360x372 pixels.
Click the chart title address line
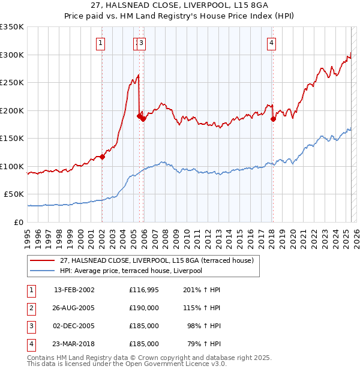(180, 5)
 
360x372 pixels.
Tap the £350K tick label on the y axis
(12, 27)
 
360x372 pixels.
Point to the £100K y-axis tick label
(12, 166)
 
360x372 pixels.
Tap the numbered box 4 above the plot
(272, 43)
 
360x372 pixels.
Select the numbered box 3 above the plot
(141, 43)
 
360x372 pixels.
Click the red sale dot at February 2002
(102, 157)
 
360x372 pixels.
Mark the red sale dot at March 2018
(273, 119)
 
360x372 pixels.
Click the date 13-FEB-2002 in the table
(74, 290)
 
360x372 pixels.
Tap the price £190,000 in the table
(143, 308)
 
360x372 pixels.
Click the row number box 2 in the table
(31, 308)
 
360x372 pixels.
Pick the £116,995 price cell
(143, 290)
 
